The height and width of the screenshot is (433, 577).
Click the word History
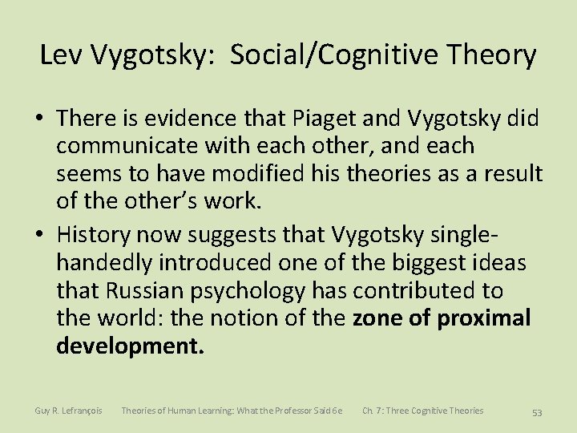(94, 236)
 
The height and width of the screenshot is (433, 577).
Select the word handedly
(107, 263)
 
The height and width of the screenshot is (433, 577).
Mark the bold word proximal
(484, 318)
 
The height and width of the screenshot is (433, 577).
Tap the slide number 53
(537, 412)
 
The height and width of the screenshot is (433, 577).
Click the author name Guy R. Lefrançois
(68, 411)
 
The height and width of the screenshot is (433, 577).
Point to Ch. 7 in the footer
(373, 411)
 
